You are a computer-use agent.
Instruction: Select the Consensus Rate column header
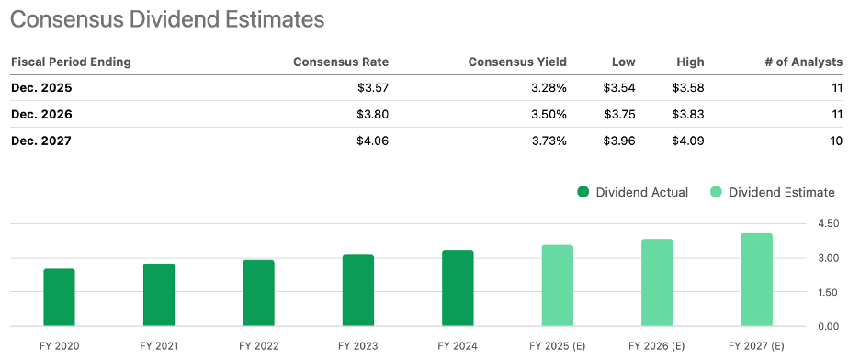(340, 62)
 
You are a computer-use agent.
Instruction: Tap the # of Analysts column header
(803, 62)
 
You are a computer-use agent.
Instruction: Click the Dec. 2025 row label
(41, 89)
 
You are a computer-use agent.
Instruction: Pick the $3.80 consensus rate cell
(371, 115)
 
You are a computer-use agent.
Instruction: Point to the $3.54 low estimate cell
(619, 89)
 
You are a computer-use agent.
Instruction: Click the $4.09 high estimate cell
(688, 141)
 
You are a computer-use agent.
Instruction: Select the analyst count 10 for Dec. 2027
(834, 141)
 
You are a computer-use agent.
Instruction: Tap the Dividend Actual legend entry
(632, 192)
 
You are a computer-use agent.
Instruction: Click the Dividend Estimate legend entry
(772, 192)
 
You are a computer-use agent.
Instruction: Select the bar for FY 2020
(59, 298)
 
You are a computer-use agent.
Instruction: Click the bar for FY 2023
(357, 290)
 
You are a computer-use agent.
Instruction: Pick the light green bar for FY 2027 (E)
(757, 280)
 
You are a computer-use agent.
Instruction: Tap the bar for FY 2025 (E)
(558, 286)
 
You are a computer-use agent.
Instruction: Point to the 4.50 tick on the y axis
(827, 224)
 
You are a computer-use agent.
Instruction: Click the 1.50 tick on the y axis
(827, 292)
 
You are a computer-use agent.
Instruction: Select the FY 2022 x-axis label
(258, 346)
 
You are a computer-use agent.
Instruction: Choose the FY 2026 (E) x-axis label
(657, 346)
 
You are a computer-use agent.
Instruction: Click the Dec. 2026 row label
(41, 115)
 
